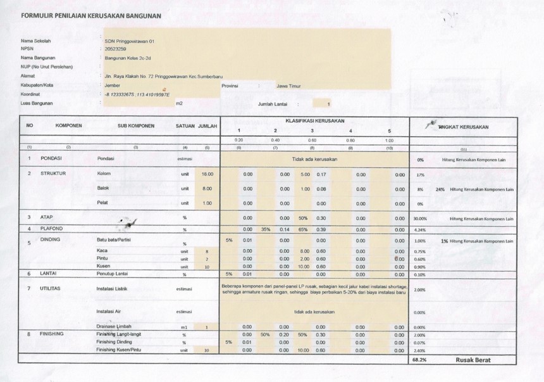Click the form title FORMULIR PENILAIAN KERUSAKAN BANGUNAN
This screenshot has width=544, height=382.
point(91,15)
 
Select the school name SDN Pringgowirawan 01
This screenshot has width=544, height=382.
point(130,41)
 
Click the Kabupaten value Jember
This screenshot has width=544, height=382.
point(113,84)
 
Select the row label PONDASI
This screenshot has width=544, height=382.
point(51,159)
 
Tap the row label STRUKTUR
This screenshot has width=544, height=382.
point(53,173)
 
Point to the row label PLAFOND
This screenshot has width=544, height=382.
point(52,229)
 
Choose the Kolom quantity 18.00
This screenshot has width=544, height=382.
point(207,174)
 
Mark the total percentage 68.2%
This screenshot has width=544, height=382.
point(419,359)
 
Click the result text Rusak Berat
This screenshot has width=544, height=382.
point(473,359)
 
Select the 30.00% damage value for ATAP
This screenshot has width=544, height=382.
point(420,219)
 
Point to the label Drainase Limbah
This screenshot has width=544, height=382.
point(114,326)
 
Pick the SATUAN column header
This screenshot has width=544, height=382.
point(185,126)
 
